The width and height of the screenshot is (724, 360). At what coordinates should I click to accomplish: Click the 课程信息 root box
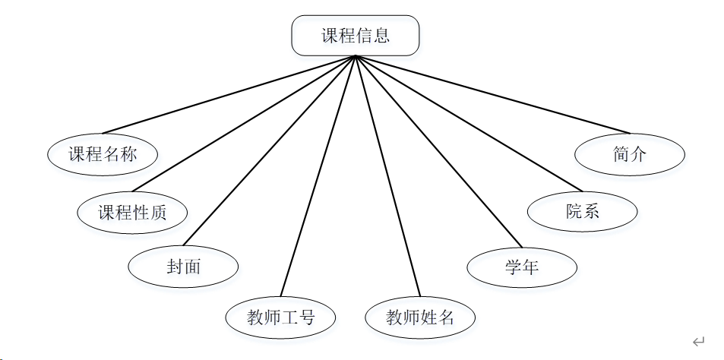tap(356, 36)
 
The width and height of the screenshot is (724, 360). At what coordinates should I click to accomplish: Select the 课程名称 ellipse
tap(103, 154)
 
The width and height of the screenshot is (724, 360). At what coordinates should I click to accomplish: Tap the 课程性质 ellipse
tap(132, 212)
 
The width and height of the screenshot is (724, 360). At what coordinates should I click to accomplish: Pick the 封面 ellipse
tap(183, 267)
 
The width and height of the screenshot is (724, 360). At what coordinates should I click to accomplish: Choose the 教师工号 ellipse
tap(280, 317)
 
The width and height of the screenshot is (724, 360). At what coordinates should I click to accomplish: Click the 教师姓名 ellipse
tap(419, 317)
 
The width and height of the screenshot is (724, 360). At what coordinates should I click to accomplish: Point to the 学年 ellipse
tap(521, 267)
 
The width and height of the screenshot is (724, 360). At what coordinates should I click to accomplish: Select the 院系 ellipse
tap(582, 211)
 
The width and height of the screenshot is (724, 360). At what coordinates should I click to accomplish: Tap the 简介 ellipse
tap(630, 154)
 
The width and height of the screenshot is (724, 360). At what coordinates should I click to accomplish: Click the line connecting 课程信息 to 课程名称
tap(228, 95)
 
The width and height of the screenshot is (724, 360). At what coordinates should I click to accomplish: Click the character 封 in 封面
tap(175, 267)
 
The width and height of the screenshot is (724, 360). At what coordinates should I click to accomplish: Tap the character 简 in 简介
tap(621, 154)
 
